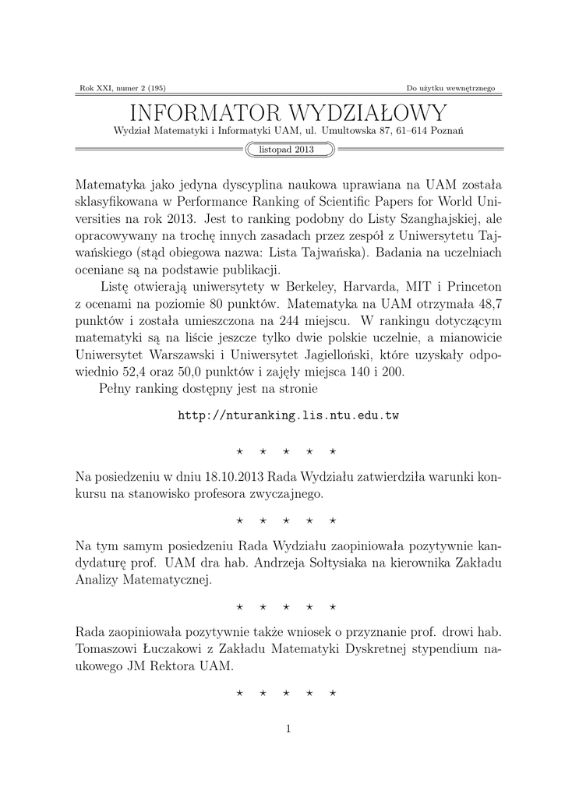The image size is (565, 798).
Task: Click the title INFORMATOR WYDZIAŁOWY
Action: point(288,111)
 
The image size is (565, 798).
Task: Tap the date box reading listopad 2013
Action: point(290,150)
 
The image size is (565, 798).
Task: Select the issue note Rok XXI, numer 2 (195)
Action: point(122,88)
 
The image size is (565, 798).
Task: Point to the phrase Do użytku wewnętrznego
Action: point(451,88)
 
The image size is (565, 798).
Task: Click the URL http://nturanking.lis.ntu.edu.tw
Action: point(288,416)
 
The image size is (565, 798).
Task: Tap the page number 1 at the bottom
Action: point(288,729)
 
